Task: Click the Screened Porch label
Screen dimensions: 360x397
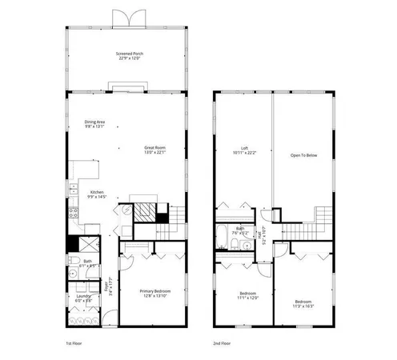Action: point(128,56)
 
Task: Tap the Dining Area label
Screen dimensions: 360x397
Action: point(95,124)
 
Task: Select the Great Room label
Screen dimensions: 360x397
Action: point(155,150)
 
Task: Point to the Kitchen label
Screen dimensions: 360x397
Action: point(96,194)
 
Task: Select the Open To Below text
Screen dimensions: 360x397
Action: point(303,154)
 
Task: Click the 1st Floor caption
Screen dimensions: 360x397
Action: point(74,342)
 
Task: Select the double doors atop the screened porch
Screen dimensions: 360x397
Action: point(128,18)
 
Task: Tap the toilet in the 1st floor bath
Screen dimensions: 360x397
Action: point(73,262)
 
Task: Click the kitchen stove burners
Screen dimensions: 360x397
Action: point(73,214)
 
